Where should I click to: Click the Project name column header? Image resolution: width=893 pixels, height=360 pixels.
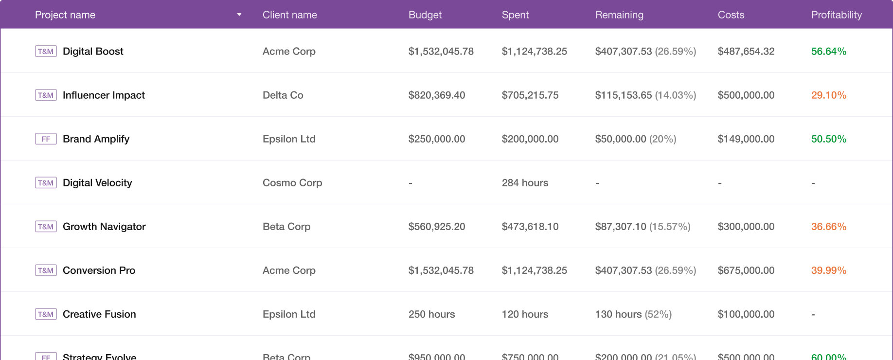coord(65,15)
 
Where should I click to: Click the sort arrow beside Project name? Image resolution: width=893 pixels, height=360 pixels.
coord(239,15)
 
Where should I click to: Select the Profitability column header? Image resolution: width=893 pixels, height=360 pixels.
coord(836,15)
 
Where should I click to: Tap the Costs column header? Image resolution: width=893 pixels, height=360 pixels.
coord(731,15)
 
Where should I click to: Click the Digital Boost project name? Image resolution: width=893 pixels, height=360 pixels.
coord(93,52)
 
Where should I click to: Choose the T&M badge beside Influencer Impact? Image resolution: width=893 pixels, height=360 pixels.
coord(46,95)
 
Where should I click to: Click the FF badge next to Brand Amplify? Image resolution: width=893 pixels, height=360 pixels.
coord(46,139)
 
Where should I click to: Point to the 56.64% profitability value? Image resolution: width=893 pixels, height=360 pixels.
coord(828,52)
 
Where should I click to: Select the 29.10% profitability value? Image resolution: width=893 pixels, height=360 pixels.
coord(828,95)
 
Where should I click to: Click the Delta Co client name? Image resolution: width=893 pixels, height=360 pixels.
coord(283,95)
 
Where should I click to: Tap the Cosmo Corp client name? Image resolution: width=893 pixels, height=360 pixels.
coord(292,183)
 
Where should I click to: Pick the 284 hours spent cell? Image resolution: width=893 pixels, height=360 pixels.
coord(525,183)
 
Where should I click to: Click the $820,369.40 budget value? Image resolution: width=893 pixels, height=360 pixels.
coord(436,95)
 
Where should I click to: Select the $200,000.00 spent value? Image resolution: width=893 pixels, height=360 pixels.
coord(530,139)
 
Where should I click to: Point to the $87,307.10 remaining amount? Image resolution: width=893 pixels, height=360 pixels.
coord(621,227)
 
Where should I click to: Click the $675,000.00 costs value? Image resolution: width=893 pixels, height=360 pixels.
coord(746,270)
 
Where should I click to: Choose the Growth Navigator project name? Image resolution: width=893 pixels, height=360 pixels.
coord(104,227)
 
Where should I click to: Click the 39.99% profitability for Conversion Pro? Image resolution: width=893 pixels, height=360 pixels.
coord(828,270)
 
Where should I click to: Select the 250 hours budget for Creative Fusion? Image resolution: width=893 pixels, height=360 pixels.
coord(431,314)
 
